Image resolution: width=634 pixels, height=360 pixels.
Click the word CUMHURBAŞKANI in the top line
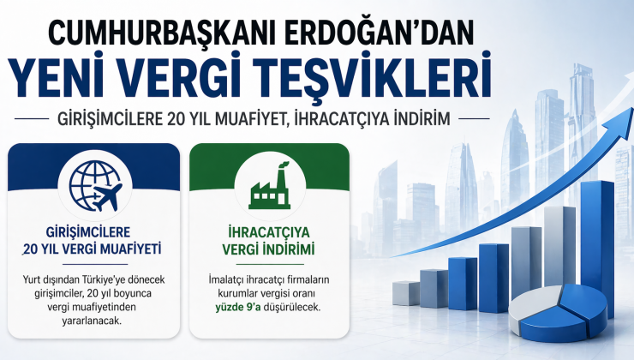149,33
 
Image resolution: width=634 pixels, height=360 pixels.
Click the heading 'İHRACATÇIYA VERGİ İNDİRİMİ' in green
269,240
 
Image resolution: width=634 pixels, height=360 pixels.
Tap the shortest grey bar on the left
405,293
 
